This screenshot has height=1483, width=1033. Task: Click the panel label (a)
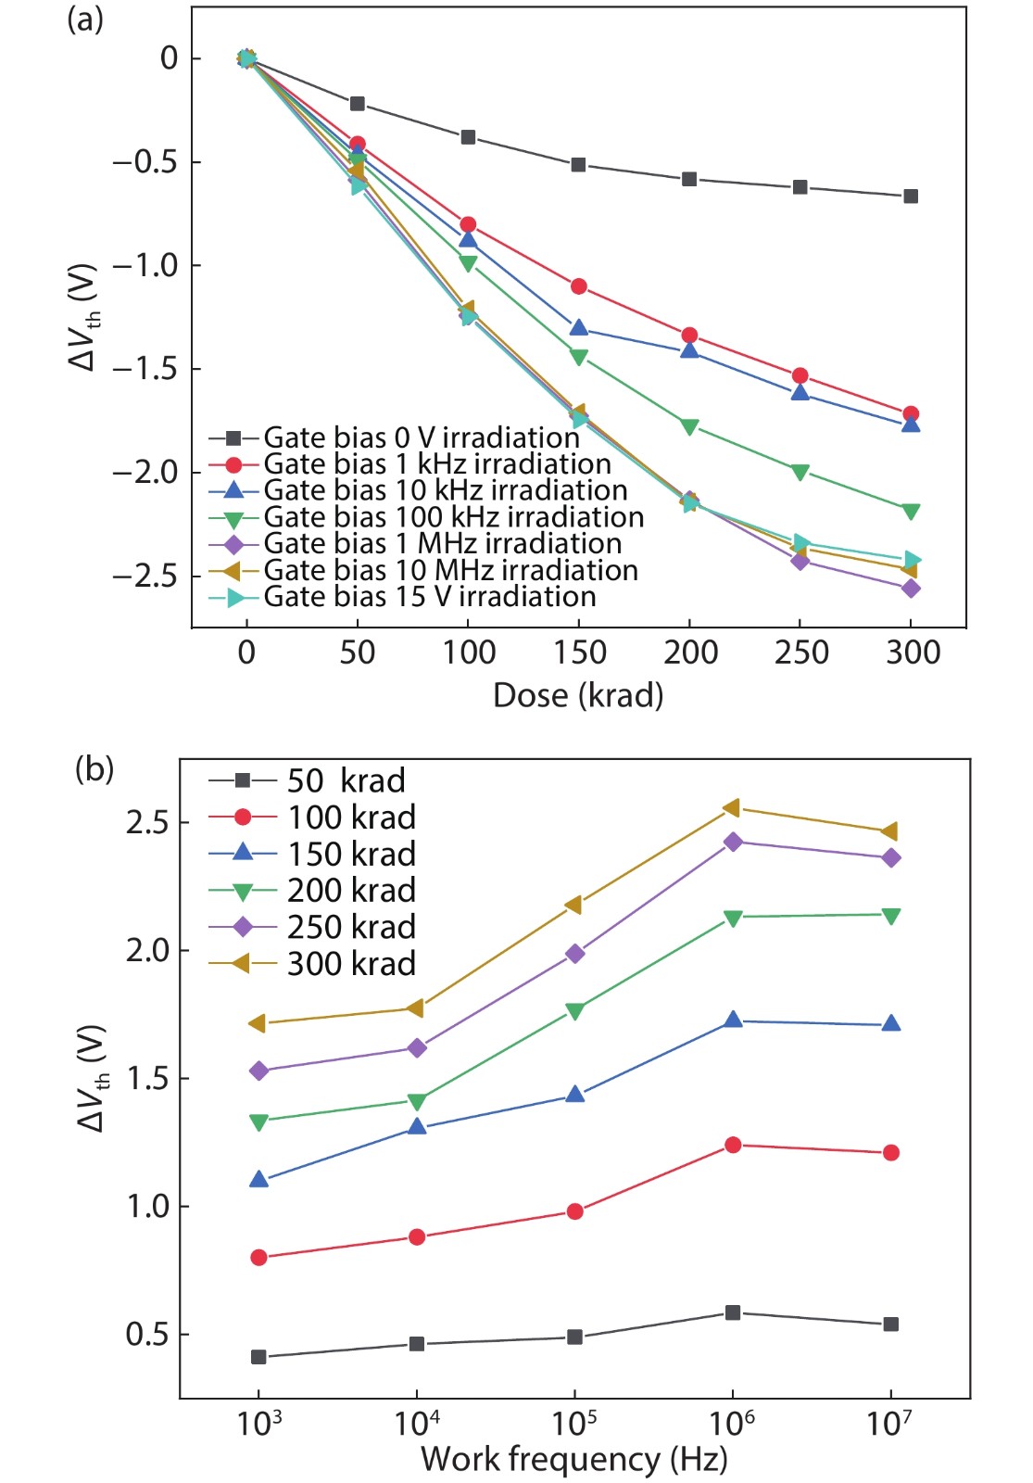(x=85, y=19)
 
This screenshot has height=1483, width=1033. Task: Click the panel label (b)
(x=94, y=769)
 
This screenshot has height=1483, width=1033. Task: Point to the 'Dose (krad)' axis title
(x=578, y=695)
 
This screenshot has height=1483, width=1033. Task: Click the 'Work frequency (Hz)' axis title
(x=574, y=1459)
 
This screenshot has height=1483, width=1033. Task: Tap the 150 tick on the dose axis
(x=580, y=653)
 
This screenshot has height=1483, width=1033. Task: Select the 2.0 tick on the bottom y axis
(x=148, y=951)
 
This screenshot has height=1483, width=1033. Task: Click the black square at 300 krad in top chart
(x=911, y=196)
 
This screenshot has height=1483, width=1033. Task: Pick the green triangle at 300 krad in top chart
(x=911, y=512)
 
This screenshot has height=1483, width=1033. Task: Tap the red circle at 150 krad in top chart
(x=579, y=286)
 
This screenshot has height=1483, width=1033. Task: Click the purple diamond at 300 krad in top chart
(x=911, y=589)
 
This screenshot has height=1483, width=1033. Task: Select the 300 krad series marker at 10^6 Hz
(x=732, y=808)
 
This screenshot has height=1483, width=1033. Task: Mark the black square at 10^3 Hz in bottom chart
(x=258, y=1357)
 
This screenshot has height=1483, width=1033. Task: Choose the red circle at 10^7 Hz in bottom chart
(x=890, y=1153)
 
